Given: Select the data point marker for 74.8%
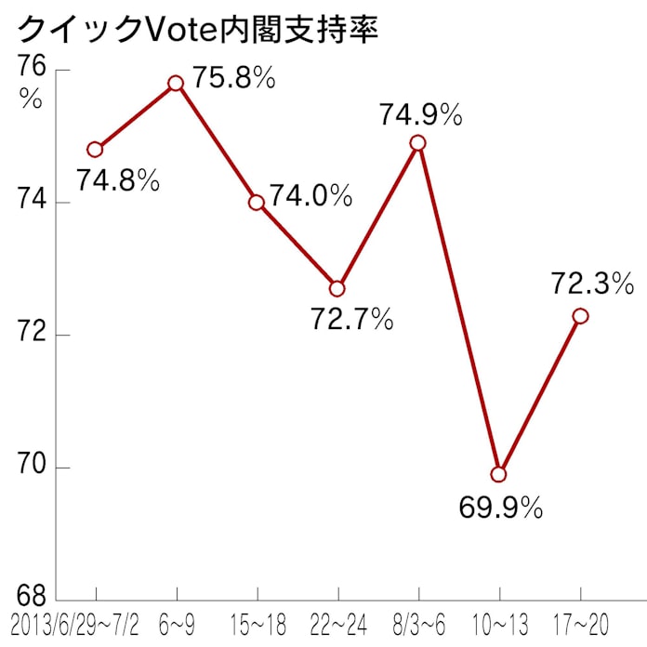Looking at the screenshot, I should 95,149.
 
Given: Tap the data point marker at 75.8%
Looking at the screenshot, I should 176,83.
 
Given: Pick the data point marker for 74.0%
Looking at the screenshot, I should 257,203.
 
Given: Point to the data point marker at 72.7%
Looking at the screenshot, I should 337,288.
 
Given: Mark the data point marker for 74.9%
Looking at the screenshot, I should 418,142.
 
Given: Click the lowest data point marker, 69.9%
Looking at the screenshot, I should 499,474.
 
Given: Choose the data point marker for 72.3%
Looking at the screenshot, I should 580,316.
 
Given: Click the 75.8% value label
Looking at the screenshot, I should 234,78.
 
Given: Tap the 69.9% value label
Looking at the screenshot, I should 500,508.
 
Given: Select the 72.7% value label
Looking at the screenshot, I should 351,321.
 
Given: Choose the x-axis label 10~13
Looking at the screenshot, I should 499,624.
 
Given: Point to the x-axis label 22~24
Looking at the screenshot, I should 337,624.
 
